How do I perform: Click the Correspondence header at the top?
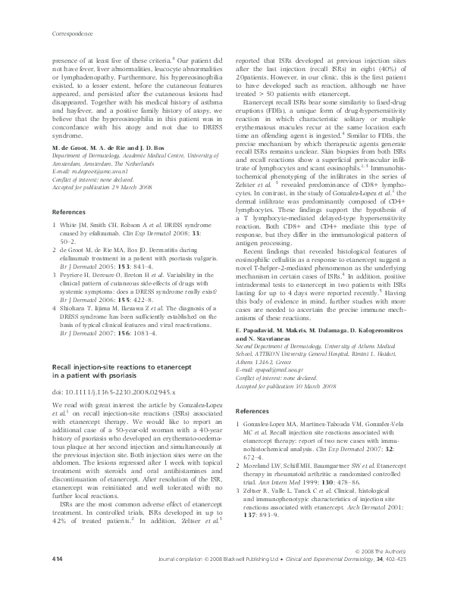coord(72,34)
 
